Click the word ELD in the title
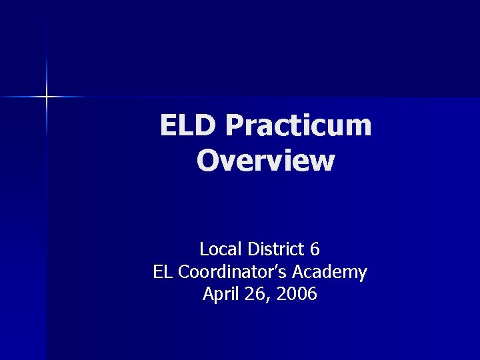pyautogui.click(x=188, y=125)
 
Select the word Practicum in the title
pyautogui.click(x=298, y=125)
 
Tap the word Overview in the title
pyautogui.click(x=266, y=161)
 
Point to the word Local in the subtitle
pyautogui.click(x=221, y=250)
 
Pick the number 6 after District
pyautogui.click(x=315, y=250)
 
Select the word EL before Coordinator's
pyautogui.click(x=162, y=272)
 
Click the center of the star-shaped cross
pyautogui.click(x=47, y=97)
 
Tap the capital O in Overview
pyautogui.click(x=207, y=161)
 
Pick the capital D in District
pyautogui.click(x=253, y=250)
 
